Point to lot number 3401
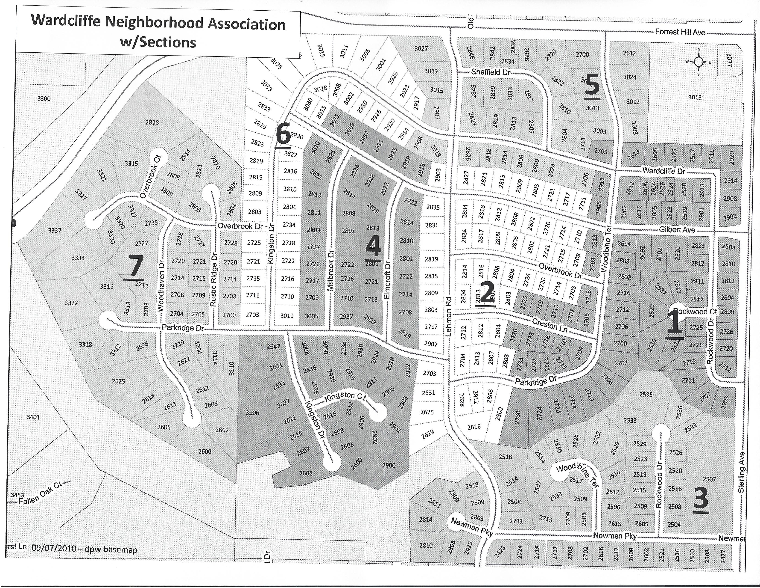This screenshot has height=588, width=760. tap(33, 417)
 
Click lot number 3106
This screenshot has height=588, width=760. tap(252, 413)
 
